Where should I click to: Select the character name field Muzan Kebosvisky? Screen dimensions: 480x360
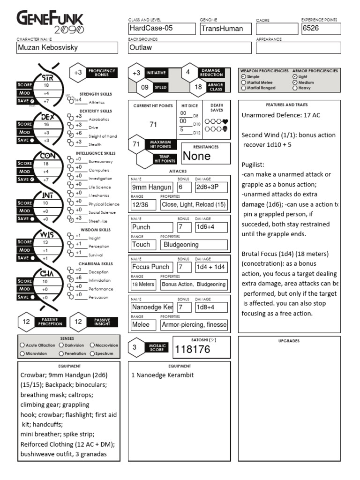pyautogui.click(x=67, y=47)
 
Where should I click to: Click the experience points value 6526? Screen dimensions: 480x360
pyautogui.click(x=321, y=29)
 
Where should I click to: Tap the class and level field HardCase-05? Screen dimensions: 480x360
pyautogui.click(x=162, y=29)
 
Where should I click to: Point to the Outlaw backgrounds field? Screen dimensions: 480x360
pyautogui.click(x=190, y=47)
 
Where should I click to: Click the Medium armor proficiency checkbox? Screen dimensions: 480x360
pyautogui.click(x=295, y=82)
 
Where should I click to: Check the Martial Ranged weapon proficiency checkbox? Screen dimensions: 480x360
pyautogui.click(x=243, y=88)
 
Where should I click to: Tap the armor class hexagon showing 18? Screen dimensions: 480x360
pyautogui.click(x=198, y=87)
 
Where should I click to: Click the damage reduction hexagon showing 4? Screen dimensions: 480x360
pyautogui.click(x=188, y=72)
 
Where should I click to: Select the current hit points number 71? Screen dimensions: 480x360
pyautogui.click(x=153, y=125)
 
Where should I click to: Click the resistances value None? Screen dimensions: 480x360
pyautogui.click(x=196, y=156)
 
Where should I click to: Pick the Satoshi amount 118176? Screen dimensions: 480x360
pyautogui.click(x=193, y=349)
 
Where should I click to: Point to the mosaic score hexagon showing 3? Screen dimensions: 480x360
pyautogui.click(x=135, y=347)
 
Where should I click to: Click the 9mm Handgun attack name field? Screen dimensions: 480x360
pyautogui.click(x=151, y=187)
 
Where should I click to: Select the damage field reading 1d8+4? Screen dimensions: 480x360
pyautogui.click(x=211, y=307)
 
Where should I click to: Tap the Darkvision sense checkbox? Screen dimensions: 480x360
pyautogui.click(x=62, y=345)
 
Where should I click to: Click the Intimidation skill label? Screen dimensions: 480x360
pyautogui.click(x=99, y=281)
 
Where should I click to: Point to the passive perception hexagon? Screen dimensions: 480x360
pyautogui.click(x=26, y=322)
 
